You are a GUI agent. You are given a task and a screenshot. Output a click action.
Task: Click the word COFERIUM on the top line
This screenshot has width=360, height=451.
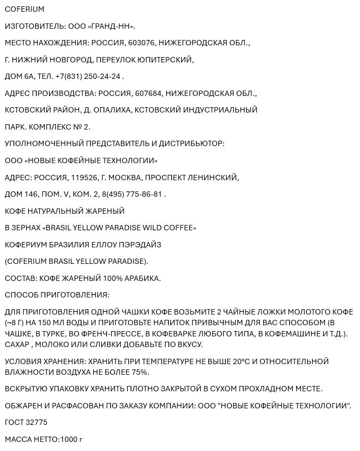point(24,10)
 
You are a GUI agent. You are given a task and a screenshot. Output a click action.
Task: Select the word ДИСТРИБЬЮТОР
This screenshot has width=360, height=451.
point(192,144)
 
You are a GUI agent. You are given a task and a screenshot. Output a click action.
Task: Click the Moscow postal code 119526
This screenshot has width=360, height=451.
point(82,178)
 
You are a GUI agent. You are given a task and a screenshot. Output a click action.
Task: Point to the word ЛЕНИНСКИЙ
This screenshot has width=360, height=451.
point(213,178)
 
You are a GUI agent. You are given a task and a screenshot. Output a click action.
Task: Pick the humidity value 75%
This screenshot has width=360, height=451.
point(139,372)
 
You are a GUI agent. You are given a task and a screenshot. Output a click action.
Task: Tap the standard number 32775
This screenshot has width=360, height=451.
point(36,423)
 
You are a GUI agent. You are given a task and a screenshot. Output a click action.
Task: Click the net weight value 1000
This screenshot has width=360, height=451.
point(68,440)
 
